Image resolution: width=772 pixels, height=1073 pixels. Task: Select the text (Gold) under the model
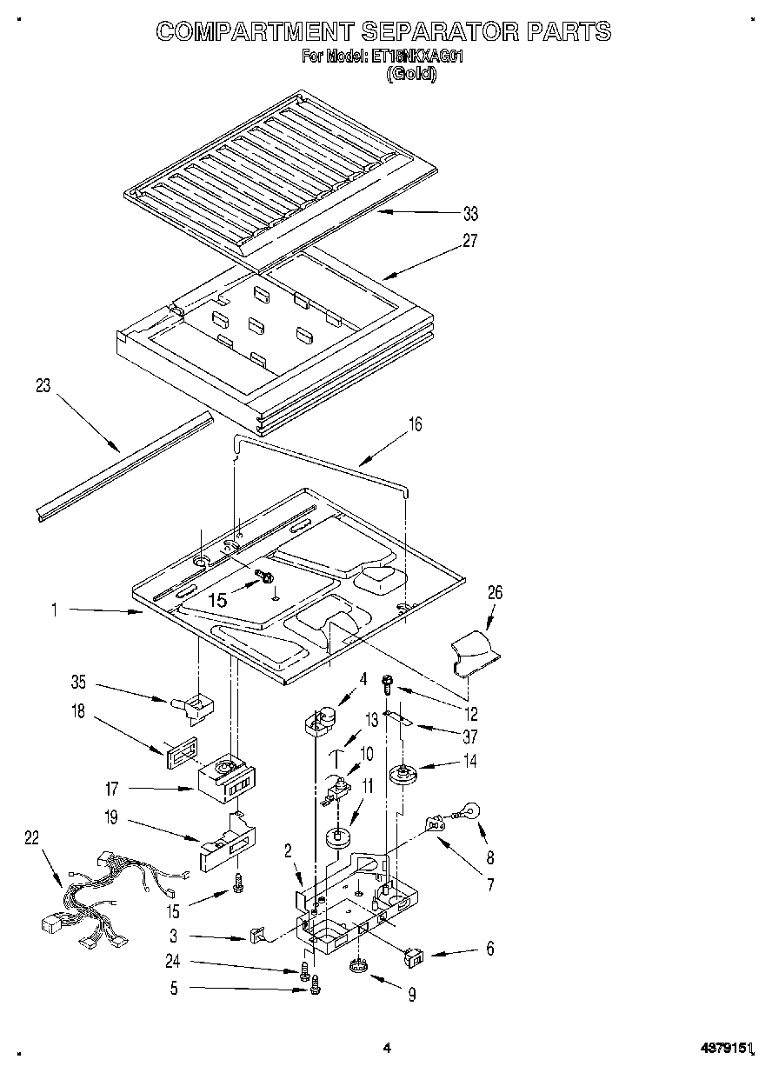pos(411,74)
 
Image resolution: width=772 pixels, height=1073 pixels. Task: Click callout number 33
pos(470,213)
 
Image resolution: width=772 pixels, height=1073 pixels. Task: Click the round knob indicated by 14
pos(403,774)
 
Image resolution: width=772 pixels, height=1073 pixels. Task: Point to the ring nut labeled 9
pos(356,966)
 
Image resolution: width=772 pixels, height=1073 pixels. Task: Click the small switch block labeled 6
pos(415,957)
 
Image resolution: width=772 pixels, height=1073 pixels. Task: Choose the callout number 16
pos(415,425)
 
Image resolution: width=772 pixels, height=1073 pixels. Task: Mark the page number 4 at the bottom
pos(387,1049)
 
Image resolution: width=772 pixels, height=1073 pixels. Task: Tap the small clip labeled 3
pos(257,936)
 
